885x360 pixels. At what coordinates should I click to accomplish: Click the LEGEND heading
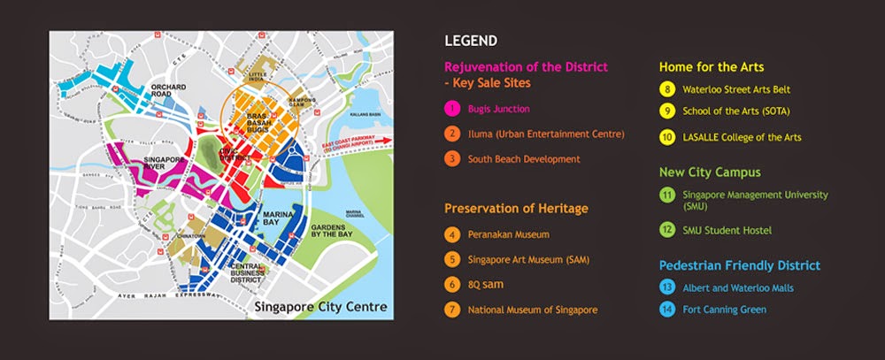click(x=470, y=40)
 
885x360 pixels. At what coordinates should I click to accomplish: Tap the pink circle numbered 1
click(x=452, y=109)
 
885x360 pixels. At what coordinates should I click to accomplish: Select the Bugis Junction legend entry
click(x=500, y=109)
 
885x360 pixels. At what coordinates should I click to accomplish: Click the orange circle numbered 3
click(x=452, y=159)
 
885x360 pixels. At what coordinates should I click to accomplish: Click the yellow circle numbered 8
click(x=666, y=89)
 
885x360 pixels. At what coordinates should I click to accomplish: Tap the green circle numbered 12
click(x=666, y=230)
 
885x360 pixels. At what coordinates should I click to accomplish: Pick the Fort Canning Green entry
click(x=726, y=309)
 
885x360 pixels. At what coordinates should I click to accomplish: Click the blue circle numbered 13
click(x=666, y=287)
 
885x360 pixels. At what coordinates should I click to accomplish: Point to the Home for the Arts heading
click(x=712, y=65)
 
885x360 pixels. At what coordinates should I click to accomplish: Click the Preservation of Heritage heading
click(x=517, y=209)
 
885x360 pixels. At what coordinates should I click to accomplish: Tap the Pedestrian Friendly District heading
click(x=739, y=265)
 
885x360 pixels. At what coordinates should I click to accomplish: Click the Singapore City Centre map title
click(x=319, y=308)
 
